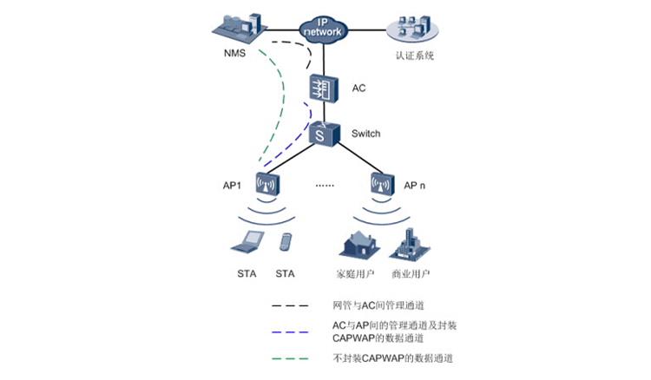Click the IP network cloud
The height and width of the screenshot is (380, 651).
coord(324,28)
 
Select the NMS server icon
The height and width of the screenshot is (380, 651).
coord(238,27)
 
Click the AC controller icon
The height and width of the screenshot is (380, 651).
coord(324,88)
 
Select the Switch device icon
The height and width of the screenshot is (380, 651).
coord(324,134)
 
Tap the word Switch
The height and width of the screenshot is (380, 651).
coord(365,134)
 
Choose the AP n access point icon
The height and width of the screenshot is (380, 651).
coord(382,184)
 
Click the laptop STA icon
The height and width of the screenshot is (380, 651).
coord(247,242)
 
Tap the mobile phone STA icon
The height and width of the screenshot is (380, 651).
coord(285,241)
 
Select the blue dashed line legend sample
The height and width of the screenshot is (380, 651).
coord(290,331)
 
